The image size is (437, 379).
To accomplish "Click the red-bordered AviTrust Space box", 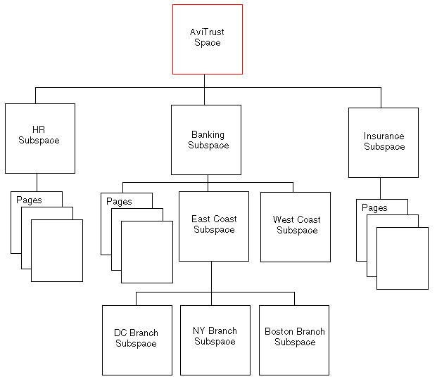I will pos(208,39).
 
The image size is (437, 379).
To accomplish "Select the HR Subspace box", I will pos(39,139).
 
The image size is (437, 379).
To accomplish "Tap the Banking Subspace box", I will pos(206,140).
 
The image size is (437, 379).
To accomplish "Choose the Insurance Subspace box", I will pos(384,142).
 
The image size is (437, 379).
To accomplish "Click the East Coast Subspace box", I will pos(214,226).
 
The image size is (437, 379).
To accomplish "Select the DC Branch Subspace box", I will pos(137,340).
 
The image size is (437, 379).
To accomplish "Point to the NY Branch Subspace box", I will pos(215,340).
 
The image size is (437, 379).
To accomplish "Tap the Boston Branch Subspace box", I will pos(294,340).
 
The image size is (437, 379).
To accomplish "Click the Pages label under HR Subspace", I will pos(29,200).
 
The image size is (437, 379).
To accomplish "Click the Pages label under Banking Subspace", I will pos(119,202).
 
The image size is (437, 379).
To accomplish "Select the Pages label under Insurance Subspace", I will pos(374,208).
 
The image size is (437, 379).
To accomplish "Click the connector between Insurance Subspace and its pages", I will pos(381,188).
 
